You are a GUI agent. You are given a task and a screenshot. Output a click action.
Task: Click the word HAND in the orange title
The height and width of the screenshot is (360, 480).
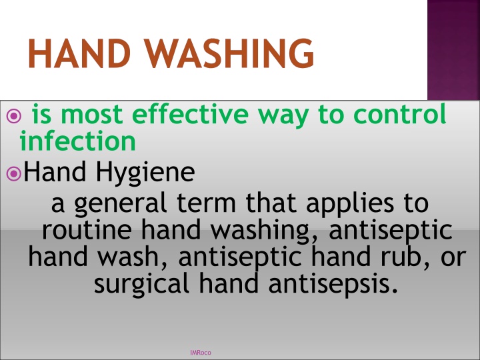[x=79, y=53]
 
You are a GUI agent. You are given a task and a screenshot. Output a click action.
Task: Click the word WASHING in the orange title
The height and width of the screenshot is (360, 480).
[x=229, y=53]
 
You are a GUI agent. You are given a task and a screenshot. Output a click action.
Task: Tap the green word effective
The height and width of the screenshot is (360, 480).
[x=190, y=114]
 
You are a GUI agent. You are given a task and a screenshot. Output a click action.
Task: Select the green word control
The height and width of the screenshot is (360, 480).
[x=399, y=114]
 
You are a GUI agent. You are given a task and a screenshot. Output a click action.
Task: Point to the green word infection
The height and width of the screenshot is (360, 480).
[x=78, y=141]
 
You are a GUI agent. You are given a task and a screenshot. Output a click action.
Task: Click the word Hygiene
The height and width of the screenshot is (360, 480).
[x=145, y=173]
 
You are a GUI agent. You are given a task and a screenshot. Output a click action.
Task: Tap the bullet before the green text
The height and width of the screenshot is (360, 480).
[x=14, y=116]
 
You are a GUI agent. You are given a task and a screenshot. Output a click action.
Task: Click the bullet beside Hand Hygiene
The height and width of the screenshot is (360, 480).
[x=14, y=173]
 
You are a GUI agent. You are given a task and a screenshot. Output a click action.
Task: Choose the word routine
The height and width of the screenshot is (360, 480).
[x=87, y=230]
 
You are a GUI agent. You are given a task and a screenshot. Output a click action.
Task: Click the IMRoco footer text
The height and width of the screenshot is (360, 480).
[x=201, y=353]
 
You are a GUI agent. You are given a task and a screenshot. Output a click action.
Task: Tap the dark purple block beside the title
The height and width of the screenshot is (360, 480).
[x=454, y=50]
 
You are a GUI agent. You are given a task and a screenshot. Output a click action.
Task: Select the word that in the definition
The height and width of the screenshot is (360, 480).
[x=271, y=203]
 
